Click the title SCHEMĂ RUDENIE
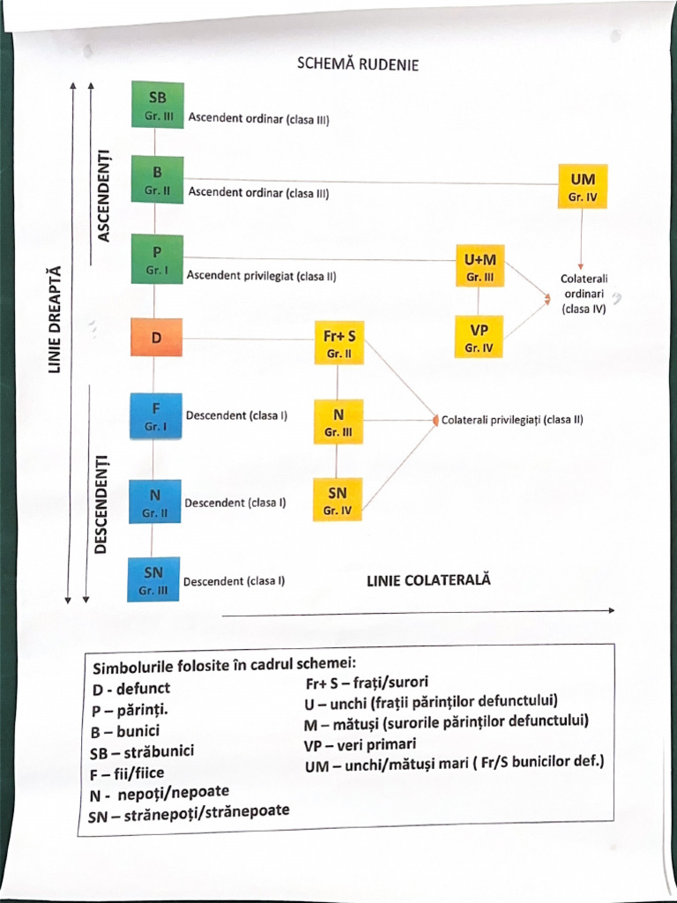click(x=357, y=64)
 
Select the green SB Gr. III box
click(x=157, y=105)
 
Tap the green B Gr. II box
click(x=157, y=180)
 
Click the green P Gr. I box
click(x=157, y=258)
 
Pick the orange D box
click(x=156, y=339)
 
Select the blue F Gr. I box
click(x=155, y=415)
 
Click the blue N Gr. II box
click(x=154, y=501)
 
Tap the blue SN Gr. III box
click(x=153, y=579)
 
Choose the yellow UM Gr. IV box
click(x=583, y=186)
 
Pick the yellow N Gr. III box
click(x=338, y=422)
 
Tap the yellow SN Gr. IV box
click(x=338, y=499)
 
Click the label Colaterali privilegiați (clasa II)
click(x=512, y=421)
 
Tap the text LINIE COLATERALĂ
click(x=428, y=580)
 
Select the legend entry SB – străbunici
click(x=142, y=752)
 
